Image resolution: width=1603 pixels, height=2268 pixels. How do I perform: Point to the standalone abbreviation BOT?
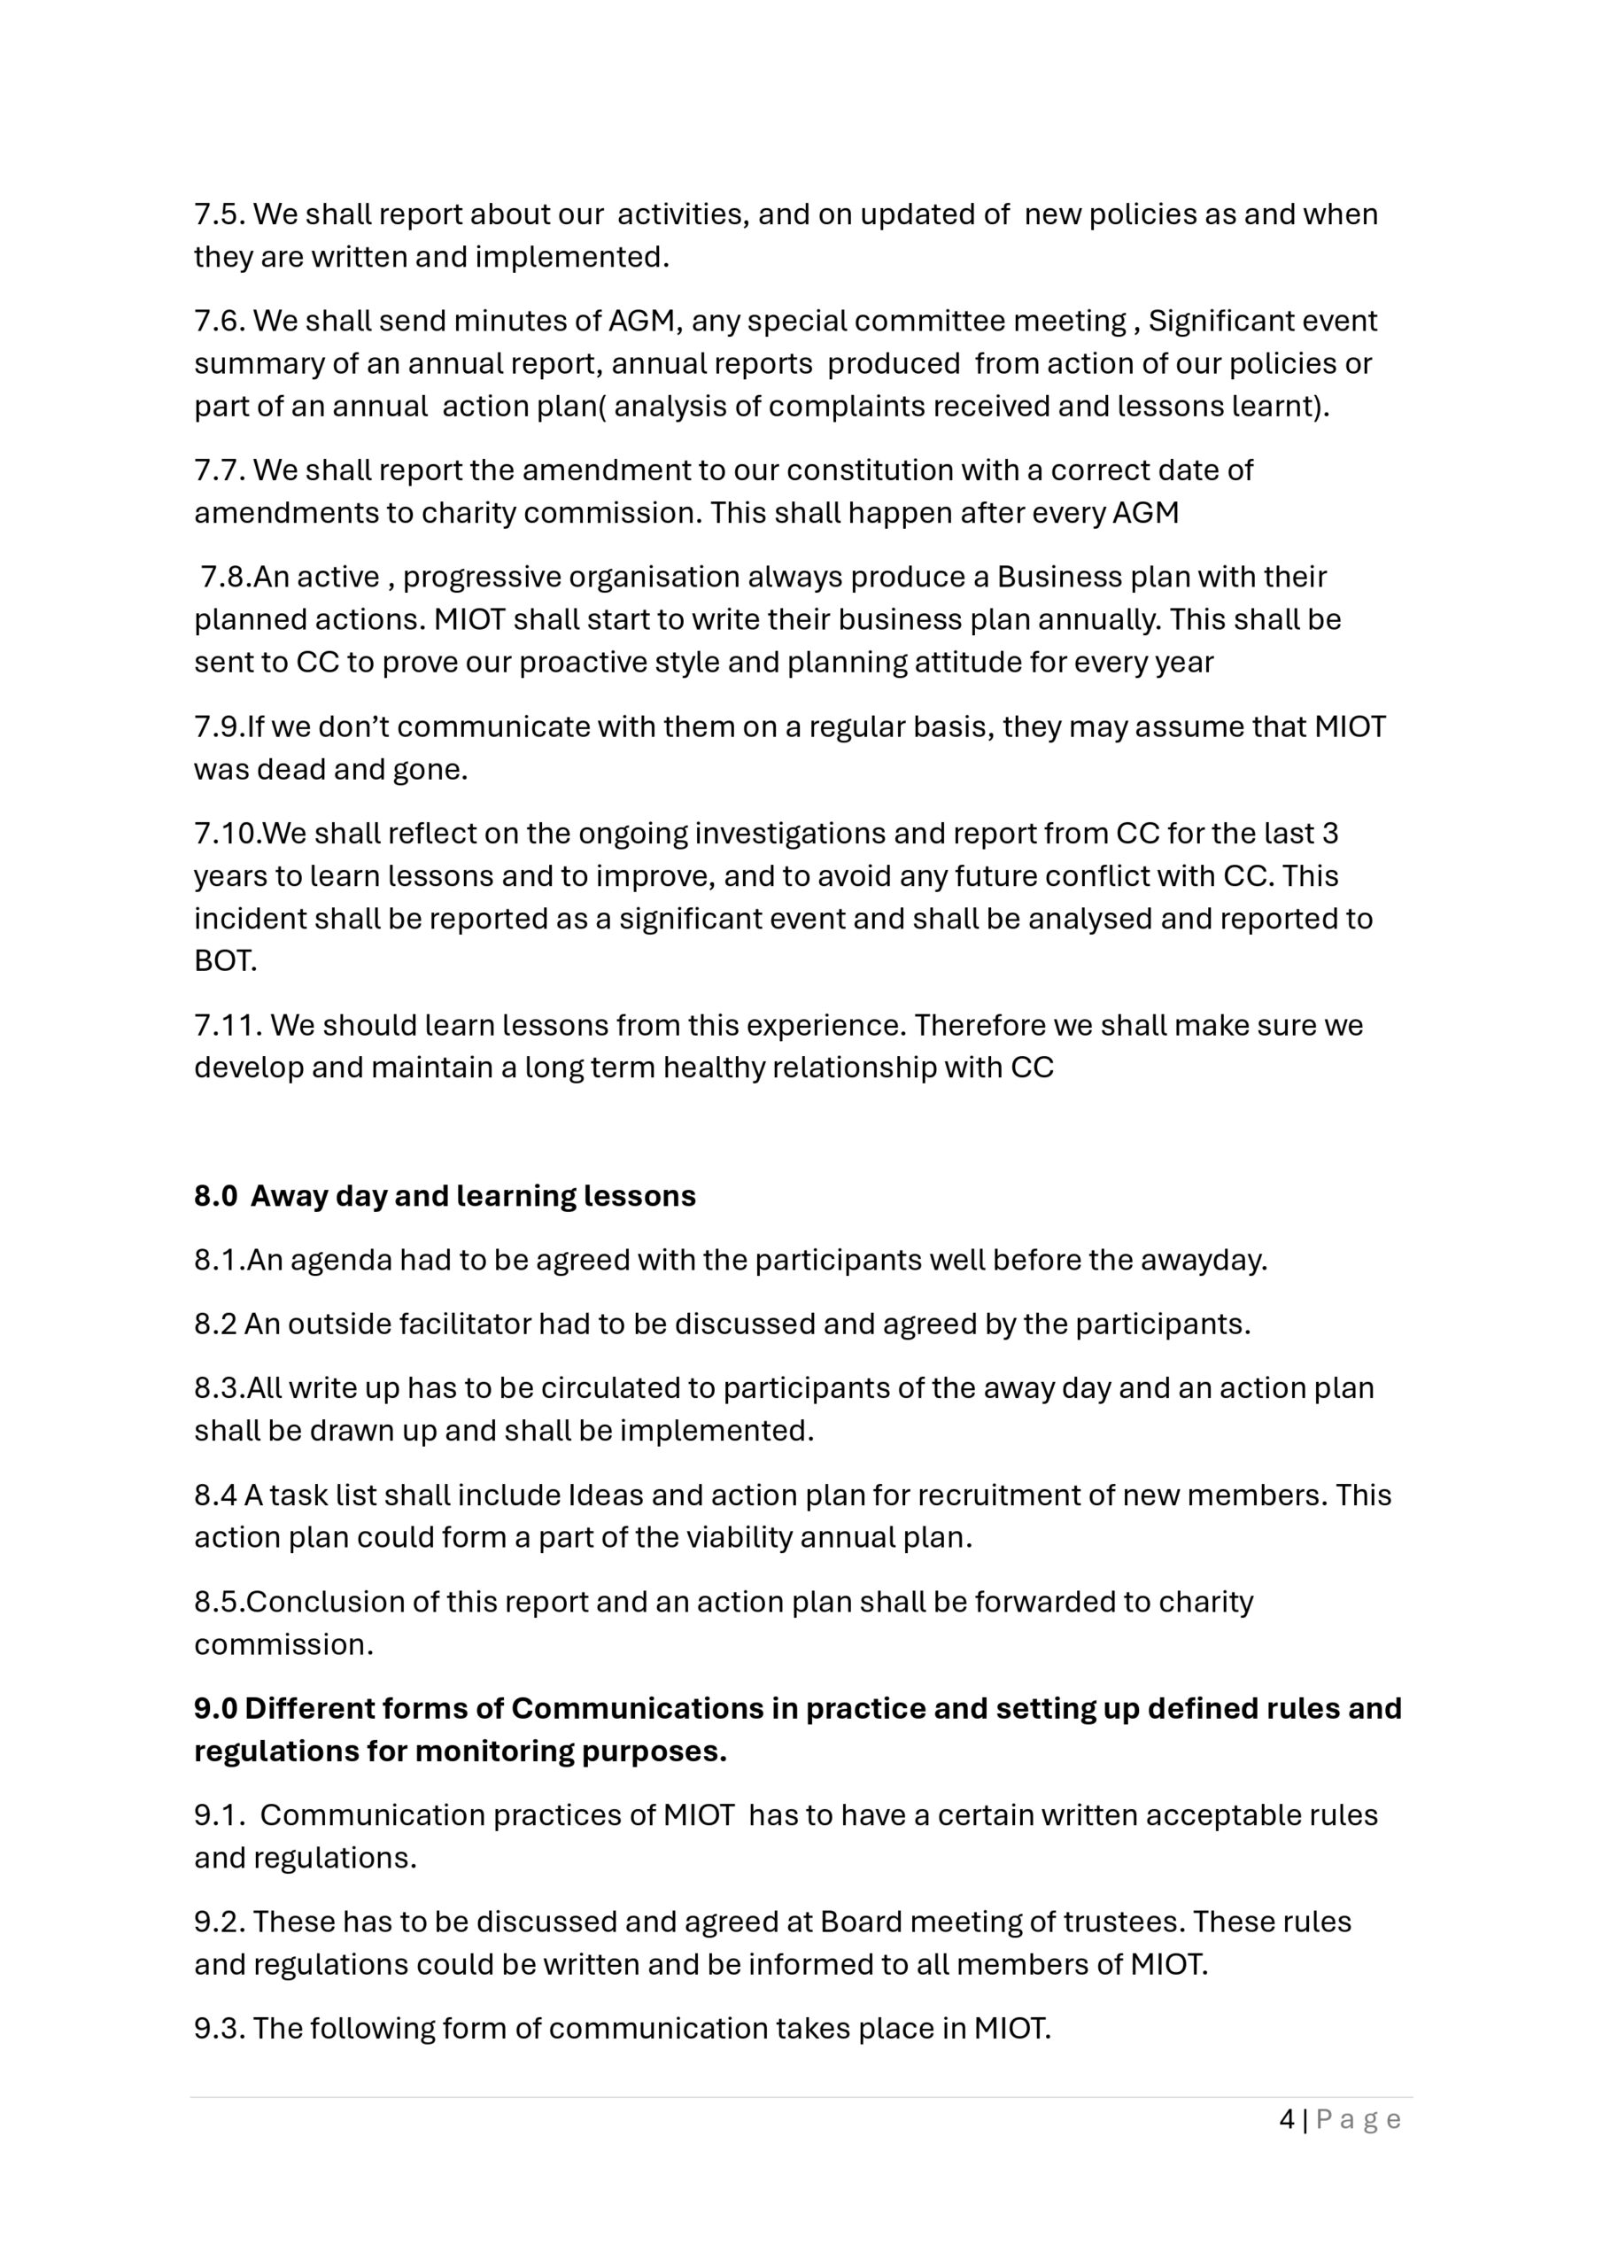pyautogui.click(x=225, y=961)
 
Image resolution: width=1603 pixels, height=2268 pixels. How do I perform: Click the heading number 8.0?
pyautogui.click(x=215, y=1196)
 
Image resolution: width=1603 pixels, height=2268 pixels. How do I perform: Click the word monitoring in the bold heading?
pyautogui.click(x=490, y=1751)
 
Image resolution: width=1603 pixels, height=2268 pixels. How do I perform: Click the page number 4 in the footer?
pyautogui.click(x=1287, y=2120)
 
